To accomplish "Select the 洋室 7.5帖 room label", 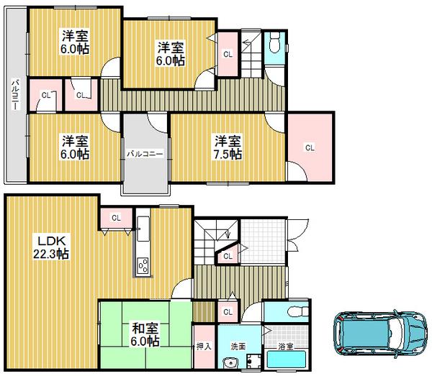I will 226,147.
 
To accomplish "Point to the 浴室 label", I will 286,346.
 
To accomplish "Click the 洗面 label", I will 238,346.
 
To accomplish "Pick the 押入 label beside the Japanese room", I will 203,346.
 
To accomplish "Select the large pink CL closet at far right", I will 310,147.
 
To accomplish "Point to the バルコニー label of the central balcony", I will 145,154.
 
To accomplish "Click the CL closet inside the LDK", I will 115,218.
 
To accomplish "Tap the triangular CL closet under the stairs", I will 227,256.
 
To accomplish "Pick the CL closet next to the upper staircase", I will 228,55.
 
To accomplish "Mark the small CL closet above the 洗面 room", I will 228,311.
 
